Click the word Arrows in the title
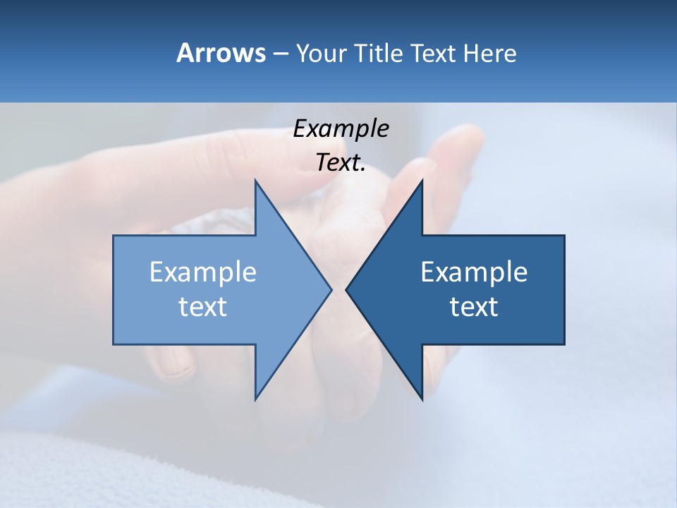pos(220,53)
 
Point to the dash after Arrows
pos(279,54)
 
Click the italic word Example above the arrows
pos(341,129)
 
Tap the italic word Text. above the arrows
pos(341,163)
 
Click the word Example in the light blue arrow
pos(202,272)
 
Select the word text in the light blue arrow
pos(202,306)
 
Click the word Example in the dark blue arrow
pos(474,272)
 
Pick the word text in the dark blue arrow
pos(474,306)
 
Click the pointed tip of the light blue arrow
pos(330,289)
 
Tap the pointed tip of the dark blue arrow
pos(347,289)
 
